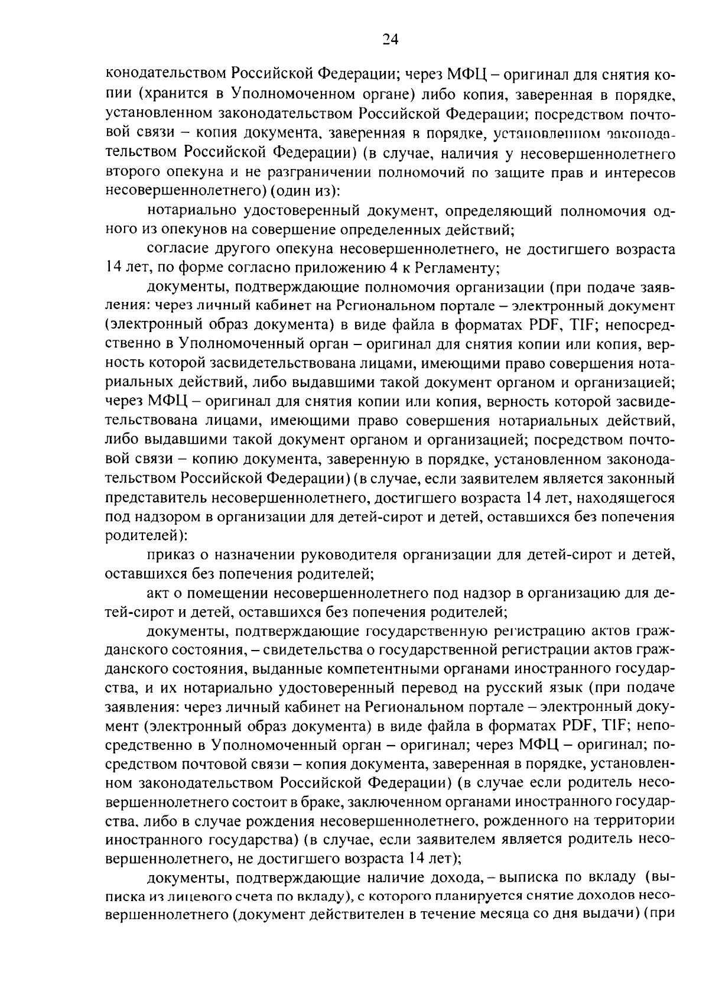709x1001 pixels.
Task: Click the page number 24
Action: tap(391, 39)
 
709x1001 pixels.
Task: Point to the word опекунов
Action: tap(204, 229)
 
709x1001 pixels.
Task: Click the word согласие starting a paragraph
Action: tap(175, 249)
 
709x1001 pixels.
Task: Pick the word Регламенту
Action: tap(457, 268)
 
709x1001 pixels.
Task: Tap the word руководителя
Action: tap(318, 555)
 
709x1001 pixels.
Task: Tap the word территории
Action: tap(639, 822)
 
